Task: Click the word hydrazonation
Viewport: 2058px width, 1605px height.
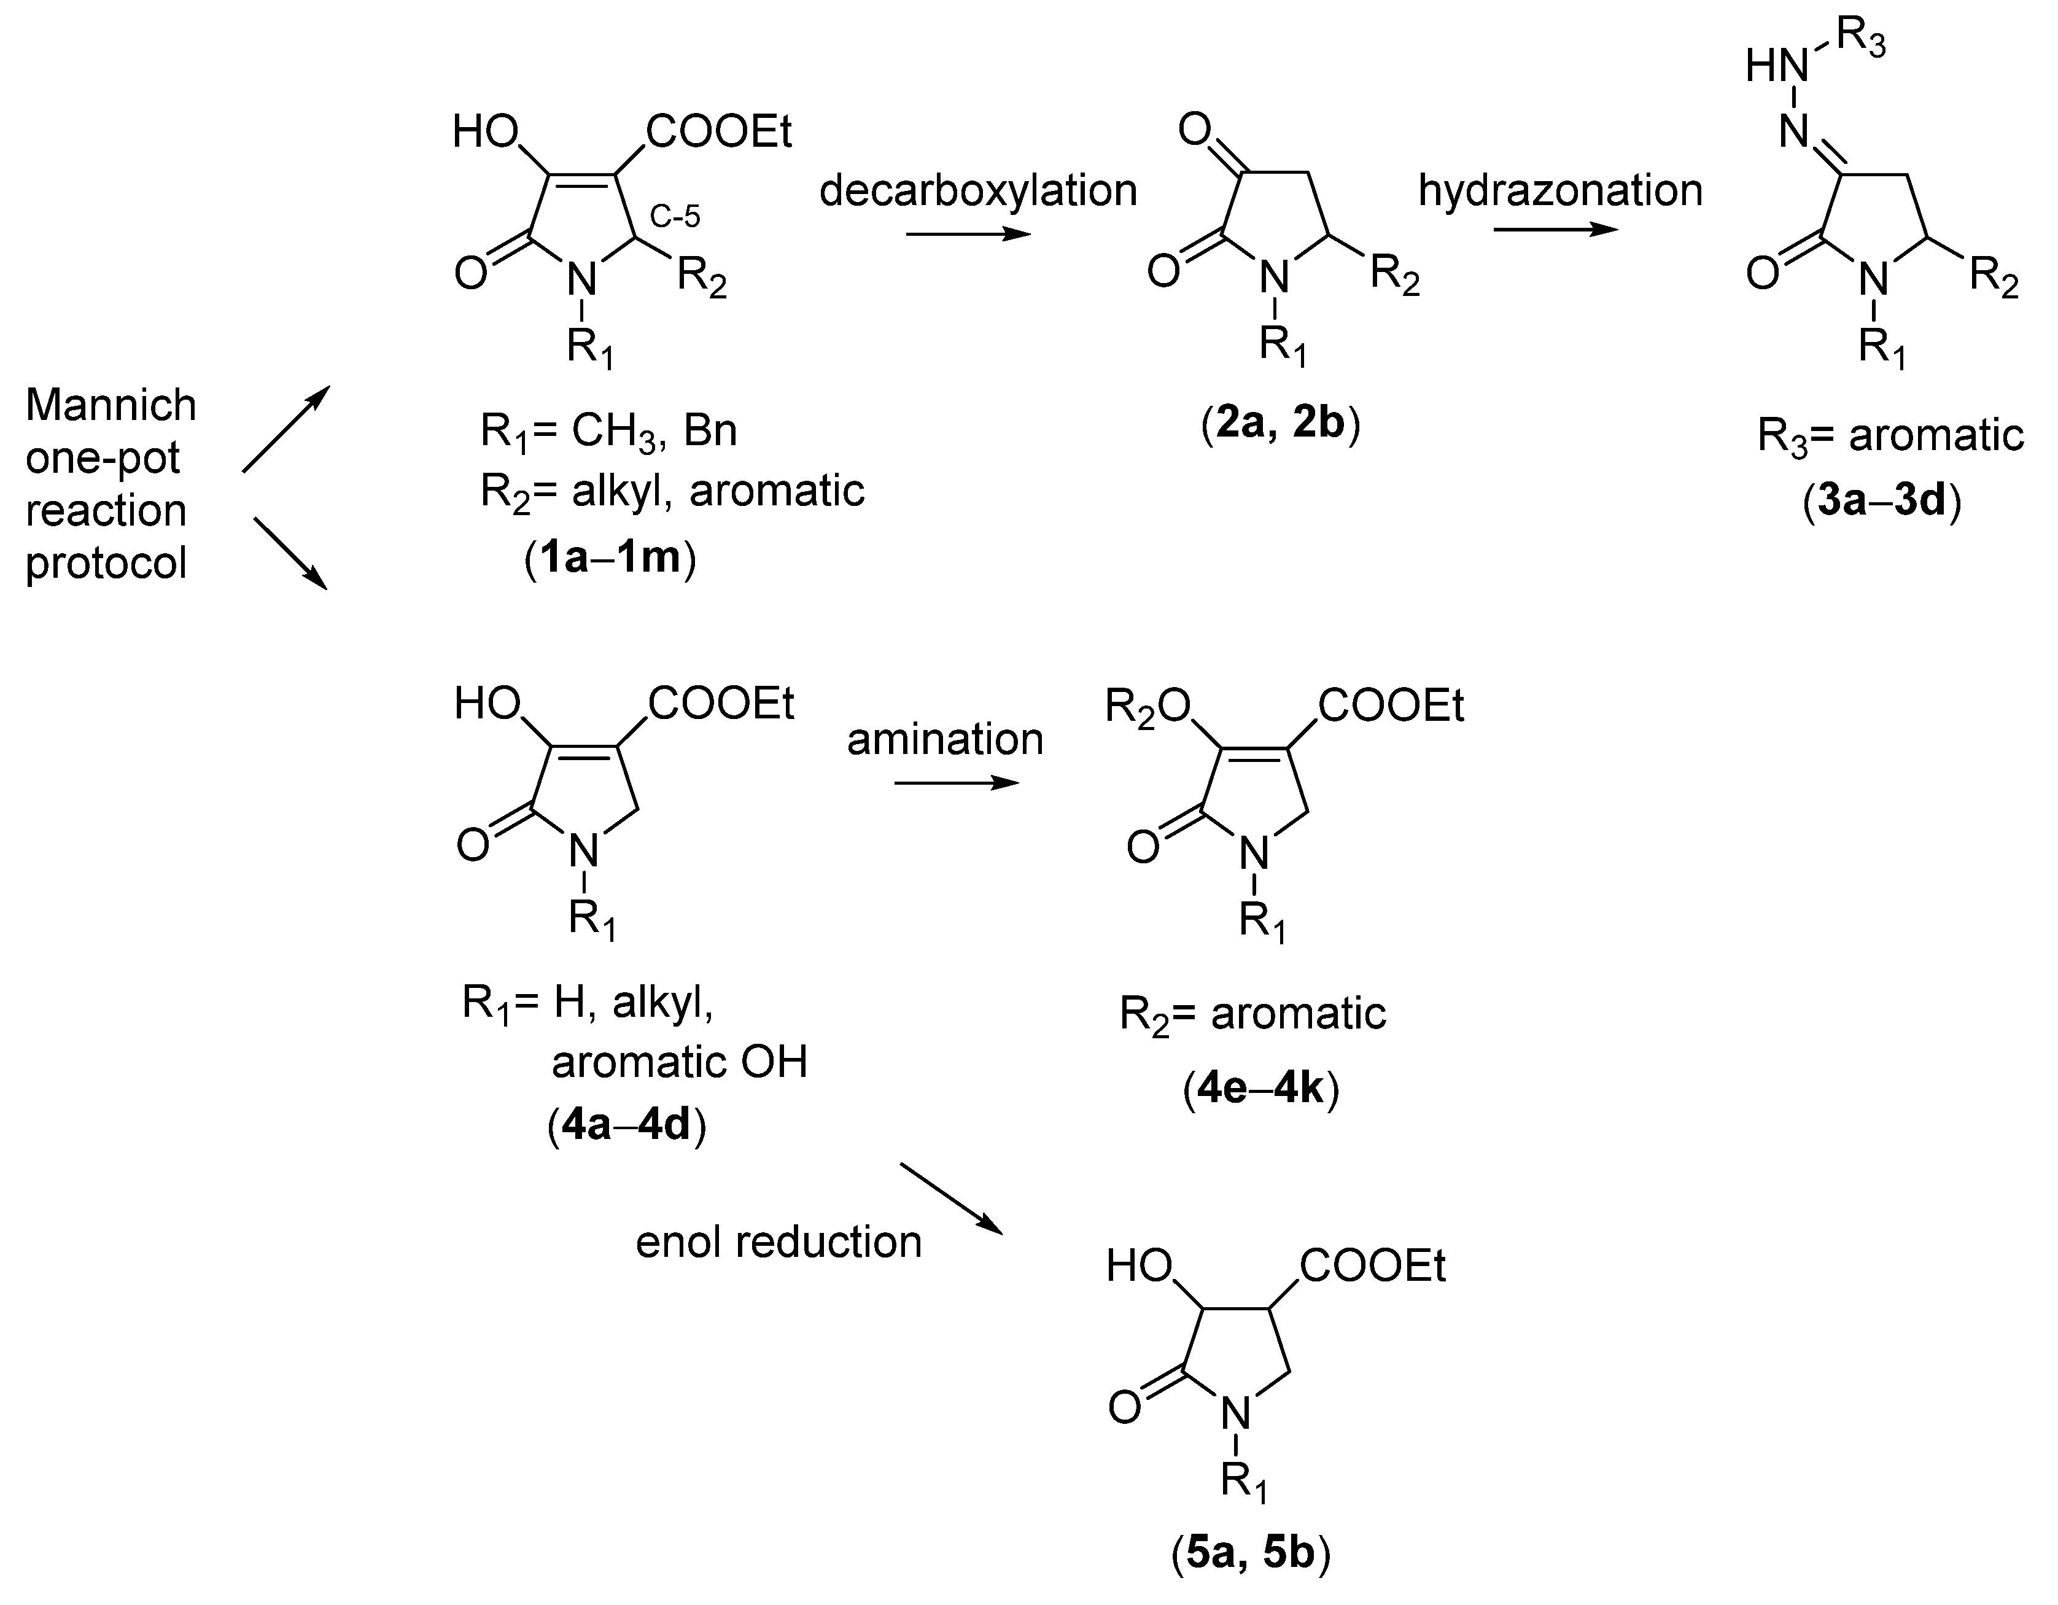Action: tap(1561, 190)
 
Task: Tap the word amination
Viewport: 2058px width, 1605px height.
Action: tap(945, 739)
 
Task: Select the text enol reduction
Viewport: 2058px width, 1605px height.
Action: tap(779, 1242)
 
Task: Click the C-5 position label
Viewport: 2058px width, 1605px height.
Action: tap(675, 218)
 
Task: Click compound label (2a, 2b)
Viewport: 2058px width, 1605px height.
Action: tap(1281, 424)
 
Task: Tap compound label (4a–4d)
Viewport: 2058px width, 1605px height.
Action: tap(627, 1125)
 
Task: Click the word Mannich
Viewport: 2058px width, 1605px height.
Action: tap(111, 405)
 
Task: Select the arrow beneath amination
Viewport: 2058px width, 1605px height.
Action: tap(957, 783)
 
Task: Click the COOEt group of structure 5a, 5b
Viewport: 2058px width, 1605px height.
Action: tap(1373, 1267)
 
